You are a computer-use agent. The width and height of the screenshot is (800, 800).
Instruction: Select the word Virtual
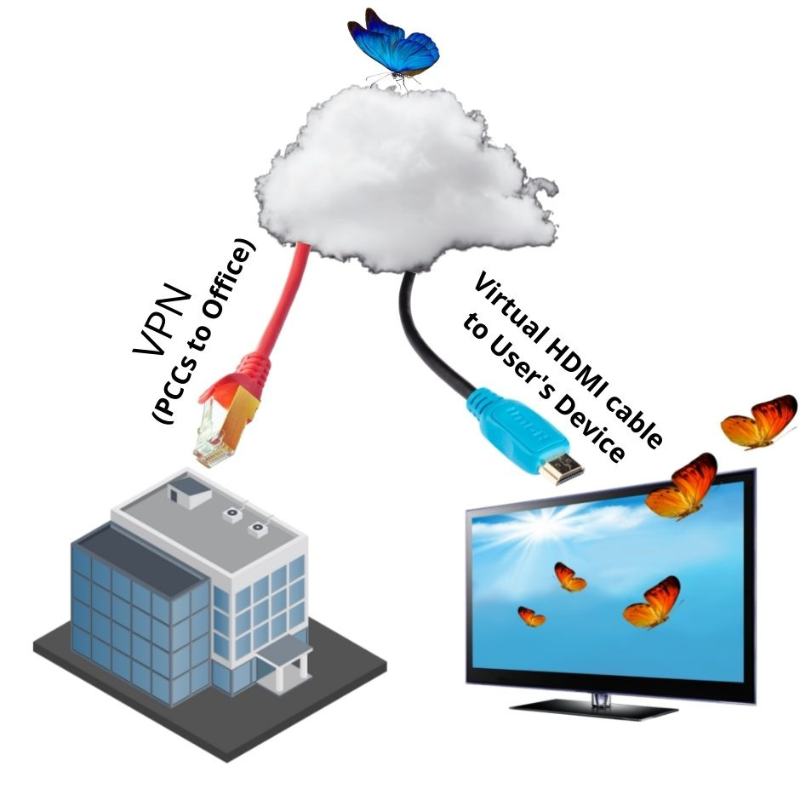[505, 304]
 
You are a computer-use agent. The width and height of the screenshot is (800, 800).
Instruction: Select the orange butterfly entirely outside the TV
[760, 421]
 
